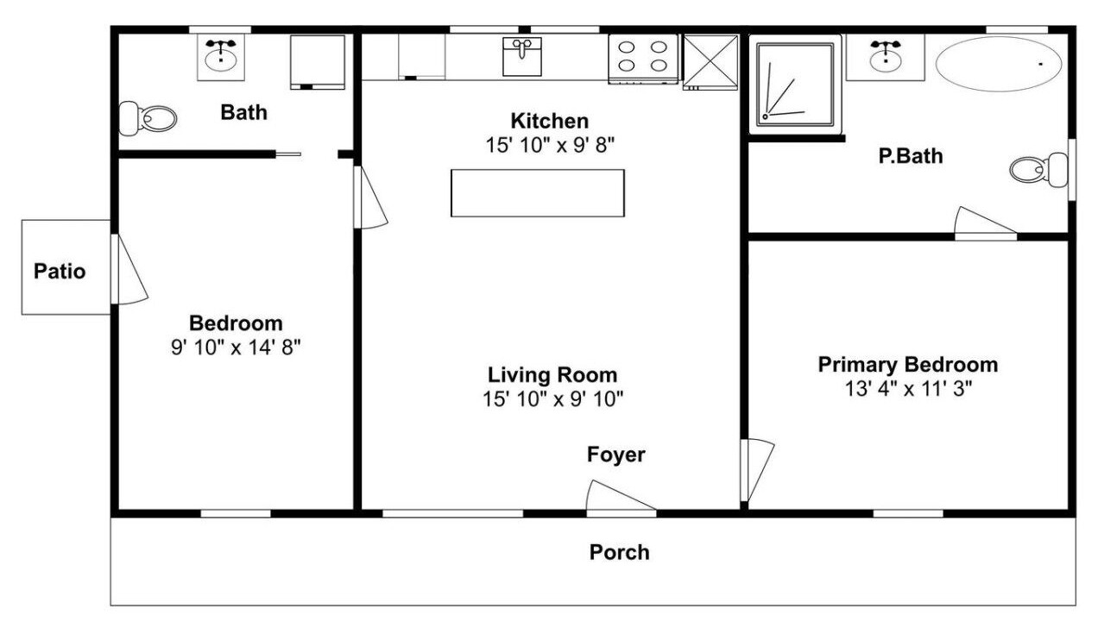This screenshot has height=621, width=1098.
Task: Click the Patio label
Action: tap(60, 272)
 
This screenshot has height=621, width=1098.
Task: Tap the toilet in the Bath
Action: tap(148, 118)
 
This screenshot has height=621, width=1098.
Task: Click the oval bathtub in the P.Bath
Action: tap(999, 64)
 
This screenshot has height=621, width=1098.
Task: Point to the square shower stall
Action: tap(795, 85)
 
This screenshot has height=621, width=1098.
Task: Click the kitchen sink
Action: tap(522, 57)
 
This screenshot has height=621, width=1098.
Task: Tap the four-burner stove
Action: tap(643, 59)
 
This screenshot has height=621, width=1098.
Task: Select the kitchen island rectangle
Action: tap(538, 193)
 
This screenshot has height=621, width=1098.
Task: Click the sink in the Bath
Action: tap(221, 57)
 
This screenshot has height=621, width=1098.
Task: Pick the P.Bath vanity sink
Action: tap(886, 57)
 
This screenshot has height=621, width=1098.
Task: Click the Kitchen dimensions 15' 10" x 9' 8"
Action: tap(550, 146)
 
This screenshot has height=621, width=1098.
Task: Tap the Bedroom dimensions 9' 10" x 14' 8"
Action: tap(236, 348)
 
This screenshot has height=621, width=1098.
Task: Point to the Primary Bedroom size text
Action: tap(908, 389)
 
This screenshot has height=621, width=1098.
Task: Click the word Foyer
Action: tap(615, 455)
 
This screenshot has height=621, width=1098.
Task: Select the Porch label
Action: tap(620, 553)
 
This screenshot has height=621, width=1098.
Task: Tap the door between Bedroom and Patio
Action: tap(129, 269)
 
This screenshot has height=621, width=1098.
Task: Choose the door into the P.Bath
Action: tap(985, 223)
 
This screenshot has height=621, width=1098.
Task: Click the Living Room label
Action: tap(552, 375)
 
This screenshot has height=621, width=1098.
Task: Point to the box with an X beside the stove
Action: tap(710, 62)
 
